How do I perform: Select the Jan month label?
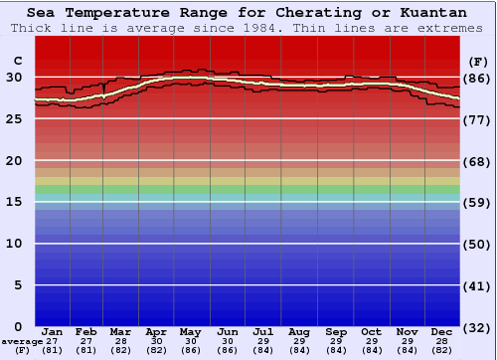click(x=53, y=331)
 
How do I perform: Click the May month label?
click(x=191, y=331)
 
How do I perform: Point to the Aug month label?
click(x=299, y=331)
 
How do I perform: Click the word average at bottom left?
click(x=23, y=341)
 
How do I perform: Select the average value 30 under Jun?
click(x=228, y=341)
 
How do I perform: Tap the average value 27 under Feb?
click(x=86, y=341)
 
